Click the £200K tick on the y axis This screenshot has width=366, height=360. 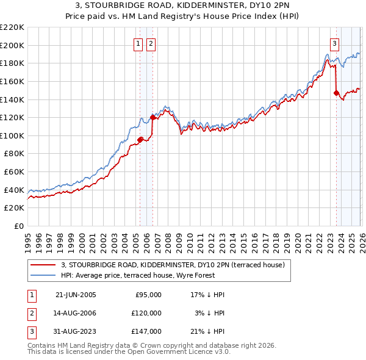(12, 45)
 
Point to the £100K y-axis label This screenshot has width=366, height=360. (12, 135)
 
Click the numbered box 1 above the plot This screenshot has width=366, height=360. (140, 43)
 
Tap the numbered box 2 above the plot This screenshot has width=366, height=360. (151, 43)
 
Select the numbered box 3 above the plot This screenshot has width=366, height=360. (335, 43)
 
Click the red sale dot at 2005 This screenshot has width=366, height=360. (140, 140)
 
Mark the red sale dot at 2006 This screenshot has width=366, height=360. (152, 117)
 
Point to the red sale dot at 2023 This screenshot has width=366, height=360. (336, 93)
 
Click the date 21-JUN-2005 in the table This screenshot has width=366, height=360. (76, 295)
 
